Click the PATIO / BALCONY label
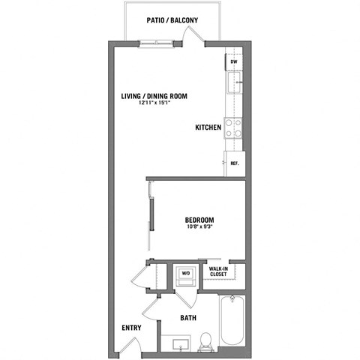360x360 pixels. coord(172,21)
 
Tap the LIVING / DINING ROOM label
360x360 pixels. coord(154,96)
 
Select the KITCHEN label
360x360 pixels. coord(208,128)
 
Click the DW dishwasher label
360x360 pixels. coord(233,62)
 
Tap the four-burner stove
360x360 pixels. coord(233,128)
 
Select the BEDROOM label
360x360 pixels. coord(199,220)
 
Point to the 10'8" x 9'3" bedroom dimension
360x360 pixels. coord(199,227)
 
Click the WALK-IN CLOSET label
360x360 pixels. coord(218,271)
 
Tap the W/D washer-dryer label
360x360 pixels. coord(184,273)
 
